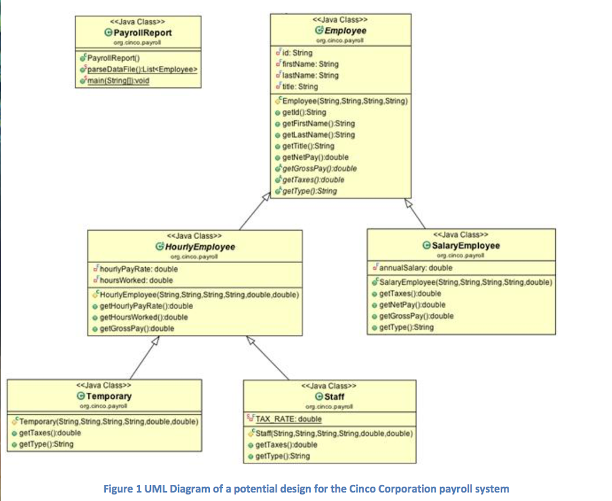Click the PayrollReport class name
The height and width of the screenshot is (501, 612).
point(142,33)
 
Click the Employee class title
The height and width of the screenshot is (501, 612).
point(345,30)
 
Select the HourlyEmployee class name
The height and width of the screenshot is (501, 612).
point(200,247)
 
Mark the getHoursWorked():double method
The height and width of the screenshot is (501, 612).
point(143,317)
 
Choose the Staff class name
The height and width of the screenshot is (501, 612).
point(333,396)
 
